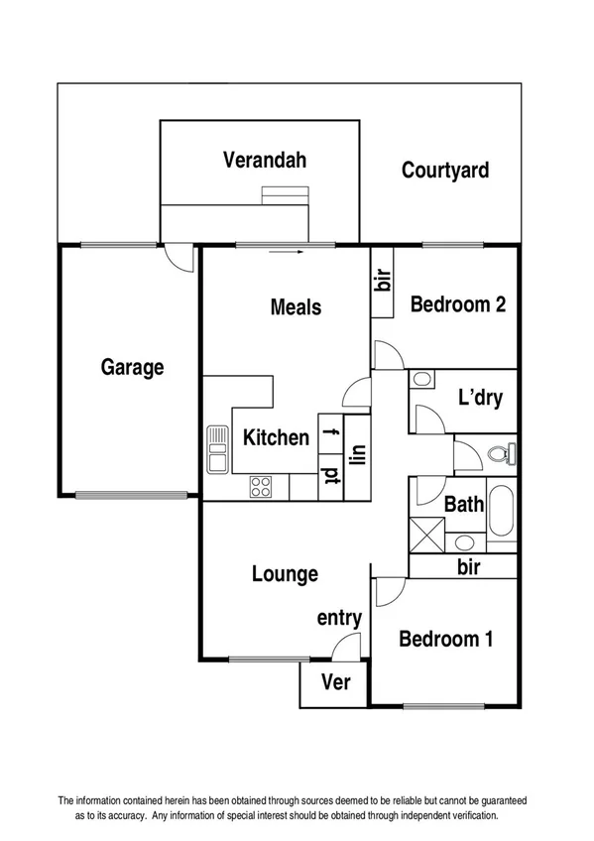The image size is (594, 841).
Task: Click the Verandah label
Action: pos(264,159)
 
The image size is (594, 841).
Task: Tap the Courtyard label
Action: pos(445,171)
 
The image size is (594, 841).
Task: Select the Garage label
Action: pos(132,367)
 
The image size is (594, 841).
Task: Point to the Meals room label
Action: pos(296,306)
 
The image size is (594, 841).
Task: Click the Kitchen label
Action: pos(277,436)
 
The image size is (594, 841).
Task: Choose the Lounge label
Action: pos(285,573)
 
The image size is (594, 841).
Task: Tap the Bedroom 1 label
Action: pos(445,639)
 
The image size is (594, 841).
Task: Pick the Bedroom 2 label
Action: pos(458,304)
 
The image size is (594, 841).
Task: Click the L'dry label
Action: pos(480,400)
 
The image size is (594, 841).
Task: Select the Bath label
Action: pos(463,505)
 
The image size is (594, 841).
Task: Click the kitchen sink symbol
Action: pos(217,451)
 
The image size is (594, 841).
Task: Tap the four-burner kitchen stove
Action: pos(262,487)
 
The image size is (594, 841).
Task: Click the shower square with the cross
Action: pos(427,534)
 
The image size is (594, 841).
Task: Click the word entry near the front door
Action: pos(339,618)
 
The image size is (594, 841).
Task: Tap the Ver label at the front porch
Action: pos(334,683)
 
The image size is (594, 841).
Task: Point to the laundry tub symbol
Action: pos(421,379)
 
